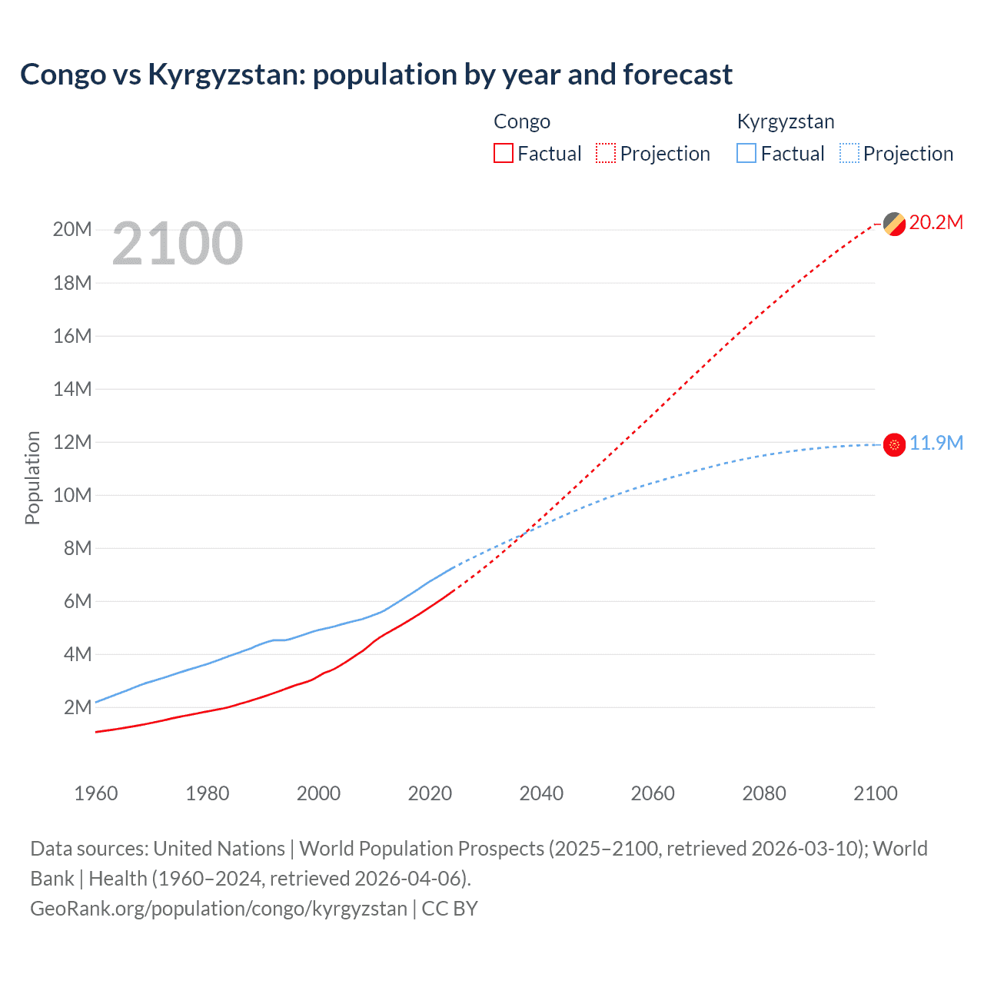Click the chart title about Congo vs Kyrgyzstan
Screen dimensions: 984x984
(376, 75)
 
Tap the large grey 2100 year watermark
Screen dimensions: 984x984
(178, 244)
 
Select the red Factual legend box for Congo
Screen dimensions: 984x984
(503, 153)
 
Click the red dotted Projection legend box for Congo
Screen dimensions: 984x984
(606, 153)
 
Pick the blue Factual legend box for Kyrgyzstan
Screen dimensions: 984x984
(746, 153)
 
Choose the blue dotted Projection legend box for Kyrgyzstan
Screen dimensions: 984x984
(849, 153)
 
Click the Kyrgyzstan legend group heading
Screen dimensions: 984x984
(785, 121)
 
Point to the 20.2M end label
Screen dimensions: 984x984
(936, 223)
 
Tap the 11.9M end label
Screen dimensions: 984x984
(936, 444)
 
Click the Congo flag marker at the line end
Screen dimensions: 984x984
(894, 224)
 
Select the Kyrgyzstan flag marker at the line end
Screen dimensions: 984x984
(894, 444)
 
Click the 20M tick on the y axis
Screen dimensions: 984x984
(72, 230)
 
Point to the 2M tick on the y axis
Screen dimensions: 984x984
(77, 707)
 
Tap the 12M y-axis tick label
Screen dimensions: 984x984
(72, 442)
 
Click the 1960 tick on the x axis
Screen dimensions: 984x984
(96, 793)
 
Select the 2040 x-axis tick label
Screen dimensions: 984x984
(541, 793)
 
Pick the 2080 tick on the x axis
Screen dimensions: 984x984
(764, 793)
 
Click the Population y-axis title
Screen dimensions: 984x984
(32, 477)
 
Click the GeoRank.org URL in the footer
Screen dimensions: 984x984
(218, 909)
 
